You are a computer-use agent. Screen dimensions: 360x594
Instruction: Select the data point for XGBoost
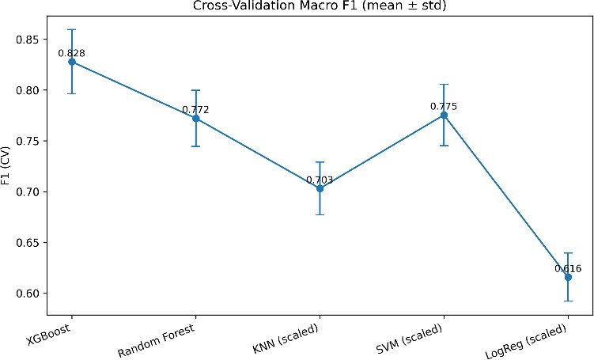pyautogui.click(x=72, y=62)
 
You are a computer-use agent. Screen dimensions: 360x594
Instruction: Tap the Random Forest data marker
pyautogui.click(x=196, y=118)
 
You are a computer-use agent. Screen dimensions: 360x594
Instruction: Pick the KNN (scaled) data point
pyautogui.click(x=320, y=188)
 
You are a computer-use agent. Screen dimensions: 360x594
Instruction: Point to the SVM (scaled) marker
pyautogui.click(x=444, y=116)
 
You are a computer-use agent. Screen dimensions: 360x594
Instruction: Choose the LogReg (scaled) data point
pyautogui.click(x=568, y=277)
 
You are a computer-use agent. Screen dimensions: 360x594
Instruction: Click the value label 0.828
pyautogui.click(x=72, y=53)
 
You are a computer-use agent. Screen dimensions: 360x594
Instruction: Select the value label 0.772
pyautogui.click(x=196, y=110)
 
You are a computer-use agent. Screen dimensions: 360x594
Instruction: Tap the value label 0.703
pyautogui.click(x=320, y=180)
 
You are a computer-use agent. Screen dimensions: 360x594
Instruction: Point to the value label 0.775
pyautogui.click(x=444, y=106)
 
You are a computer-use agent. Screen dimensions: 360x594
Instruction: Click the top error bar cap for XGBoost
pyautogui.click(x=72, y=29)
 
